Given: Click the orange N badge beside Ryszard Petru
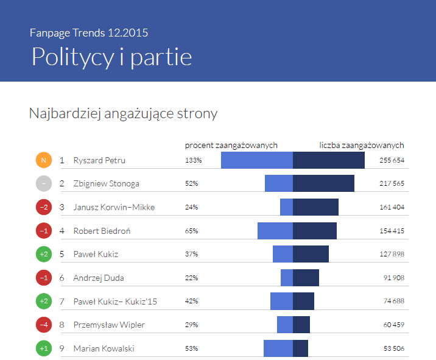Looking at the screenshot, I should [x=43, y=160].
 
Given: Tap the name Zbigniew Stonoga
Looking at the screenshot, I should [x=106, y=183].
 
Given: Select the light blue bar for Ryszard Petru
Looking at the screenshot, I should [x=256, y=160].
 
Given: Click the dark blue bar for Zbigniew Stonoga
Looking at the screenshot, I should [x=323, y=183].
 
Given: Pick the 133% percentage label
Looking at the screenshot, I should [x=193, y=160].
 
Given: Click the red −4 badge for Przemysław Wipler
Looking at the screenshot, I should [x=43, y=325].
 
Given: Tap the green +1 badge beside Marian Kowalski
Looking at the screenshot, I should [x=43, y=348].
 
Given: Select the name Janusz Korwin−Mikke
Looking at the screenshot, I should [x=114, y=207].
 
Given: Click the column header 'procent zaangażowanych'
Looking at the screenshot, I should [x=231, y=145].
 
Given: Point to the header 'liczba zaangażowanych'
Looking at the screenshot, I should [x=362, y=145].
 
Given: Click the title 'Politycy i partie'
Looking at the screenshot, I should [x=111, y=56].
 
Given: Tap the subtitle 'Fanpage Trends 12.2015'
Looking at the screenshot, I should [x=88, y=32].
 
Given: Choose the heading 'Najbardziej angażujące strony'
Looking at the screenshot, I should [x=123, y=113].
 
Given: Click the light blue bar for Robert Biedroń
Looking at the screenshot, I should [x=275, y=231].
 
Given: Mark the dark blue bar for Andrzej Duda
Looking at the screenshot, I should [x=306, y=278].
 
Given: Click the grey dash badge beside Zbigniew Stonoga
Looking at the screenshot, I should [x=43, y=183].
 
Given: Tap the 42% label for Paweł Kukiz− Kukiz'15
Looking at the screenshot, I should [x=191, y=301].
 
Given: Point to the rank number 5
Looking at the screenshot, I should [x=62, y=254].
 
